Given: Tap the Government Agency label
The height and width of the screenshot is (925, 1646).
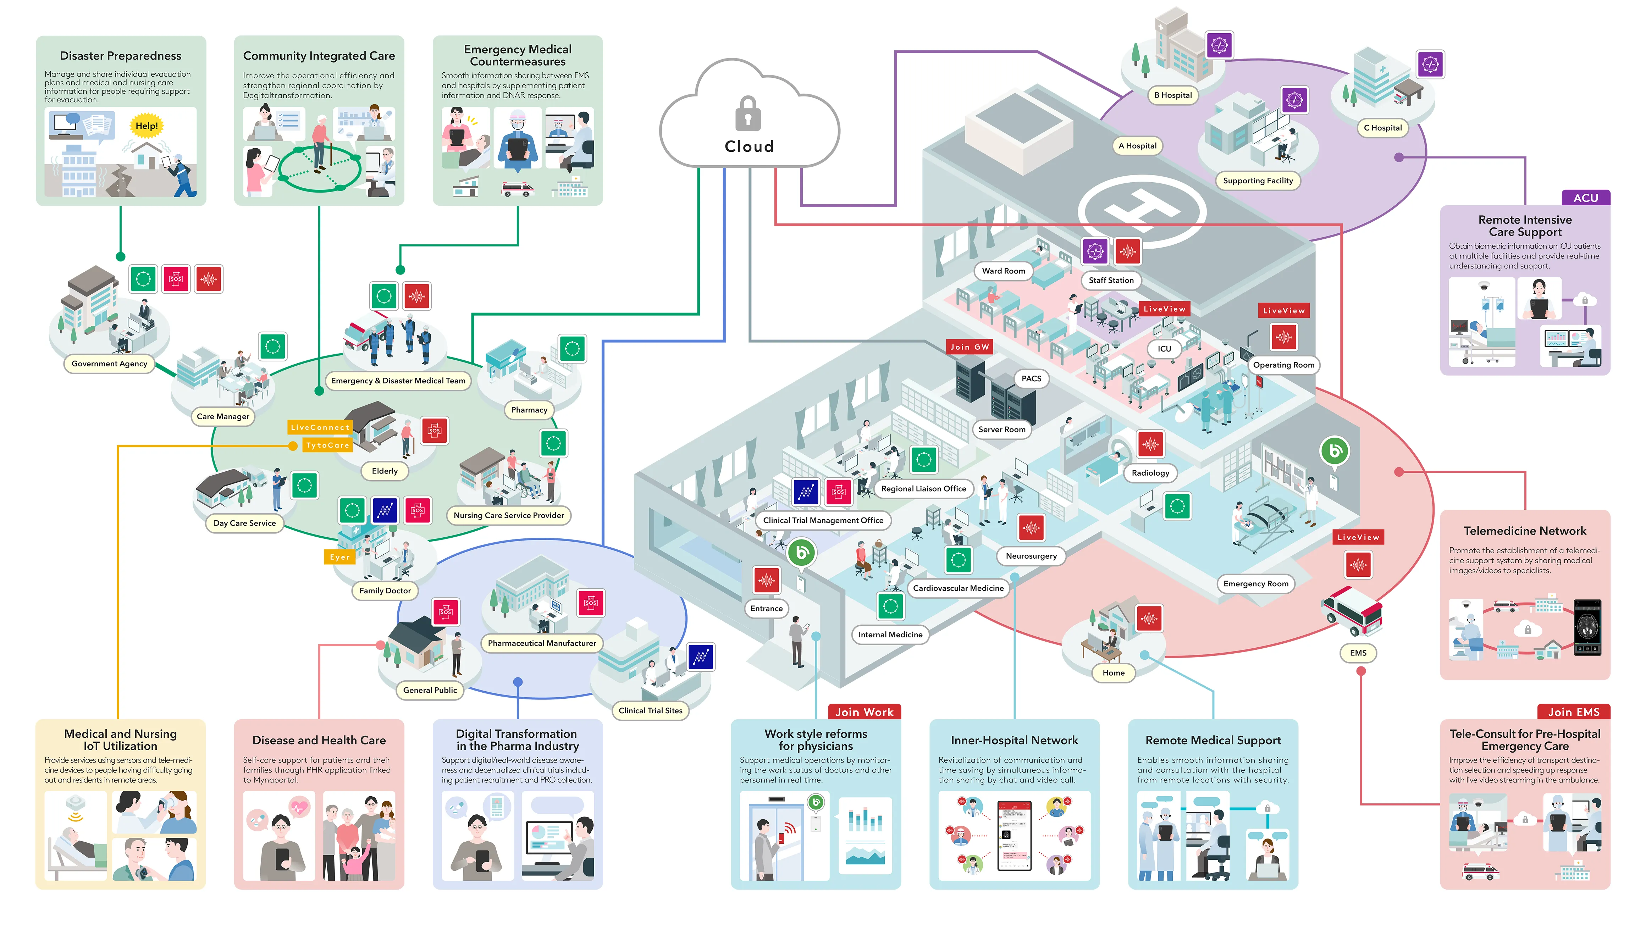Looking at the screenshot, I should pyautogui.click(x=109, y=364).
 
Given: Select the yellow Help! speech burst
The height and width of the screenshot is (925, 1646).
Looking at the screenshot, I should pyautogui.click(x=146, y=126).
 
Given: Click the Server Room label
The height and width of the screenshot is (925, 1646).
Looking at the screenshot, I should pyautogui.click(x=1001, y=429).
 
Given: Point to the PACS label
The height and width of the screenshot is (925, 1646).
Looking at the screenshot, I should pyautogui.click(x=1031, y=378).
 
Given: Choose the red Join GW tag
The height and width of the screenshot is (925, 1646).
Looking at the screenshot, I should pyautogui.click(x=969, y=347).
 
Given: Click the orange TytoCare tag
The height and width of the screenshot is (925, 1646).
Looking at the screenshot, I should pyautogui.click(x=327, y=445).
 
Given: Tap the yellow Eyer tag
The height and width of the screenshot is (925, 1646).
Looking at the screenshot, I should pyautogui.click(x=339, y=557).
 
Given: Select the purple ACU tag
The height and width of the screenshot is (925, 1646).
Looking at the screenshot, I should pyautogui.click(x=1585, y=198).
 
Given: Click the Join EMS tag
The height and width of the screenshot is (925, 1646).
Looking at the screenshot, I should pyautogui.click(x=1573, y=711).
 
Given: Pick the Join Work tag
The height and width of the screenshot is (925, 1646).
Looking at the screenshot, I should pyautogui.click(x=864, y=711).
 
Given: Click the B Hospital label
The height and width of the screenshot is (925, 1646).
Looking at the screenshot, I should pyautogui.click(x=1172, y=95).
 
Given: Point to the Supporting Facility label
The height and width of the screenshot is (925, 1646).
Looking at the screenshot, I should pyautogui.click(x=1258, y=181).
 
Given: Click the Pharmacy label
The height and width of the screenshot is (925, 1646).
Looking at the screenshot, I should pyautogui.click(x=529, y=410).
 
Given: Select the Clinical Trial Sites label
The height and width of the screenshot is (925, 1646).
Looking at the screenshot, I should pyautogui.click(x=650, y=710).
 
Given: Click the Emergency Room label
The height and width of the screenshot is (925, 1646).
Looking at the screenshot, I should pyautogui.click(x=1255, y=583).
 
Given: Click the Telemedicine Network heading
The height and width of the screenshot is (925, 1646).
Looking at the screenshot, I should pyautogui.click(x=1525, y=531).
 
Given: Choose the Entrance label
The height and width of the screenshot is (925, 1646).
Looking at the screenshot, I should pyautogui.click(x=766, y=608).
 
